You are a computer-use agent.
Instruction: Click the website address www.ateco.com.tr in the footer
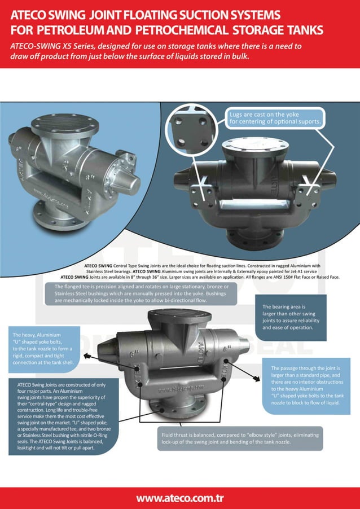180,498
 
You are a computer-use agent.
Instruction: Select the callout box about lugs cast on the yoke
275,117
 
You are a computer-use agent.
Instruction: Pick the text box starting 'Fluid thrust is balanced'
240,438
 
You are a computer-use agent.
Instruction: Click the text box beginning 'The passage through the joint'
307,385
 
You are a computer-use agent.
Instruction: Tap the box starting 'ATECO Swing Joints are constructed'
63,416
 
